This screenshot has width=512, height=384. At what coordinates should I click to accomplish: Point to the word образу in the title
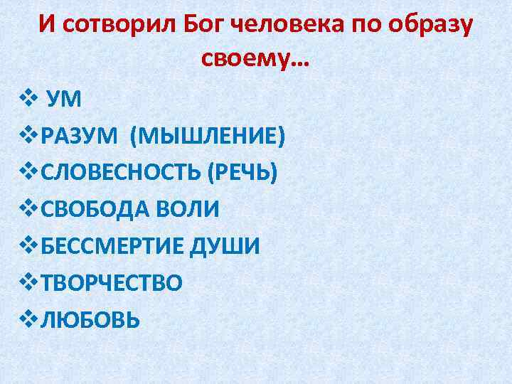click(423, 26)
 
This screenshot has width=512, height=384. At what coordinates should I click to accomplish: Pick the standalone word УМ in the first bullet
click(64, 98)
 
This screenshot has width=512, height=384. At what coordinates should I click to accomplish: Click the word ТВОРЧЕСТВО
click(112, 283)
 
